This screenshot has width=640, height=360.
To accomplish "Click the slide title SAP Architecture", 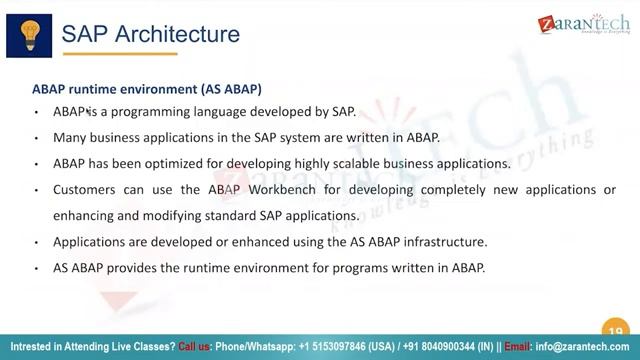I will [x=151, y=34].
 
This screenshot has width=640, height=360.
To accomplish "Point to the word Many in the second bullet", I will [x=70, y=138].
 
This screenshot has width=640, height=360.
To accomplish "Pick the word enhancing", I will [x=85, y=215].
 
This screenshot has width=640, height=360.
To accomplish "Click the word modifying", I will [x=176, y=215].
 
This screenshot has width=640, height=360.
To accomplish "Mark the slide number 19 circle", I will [x=615, y=331].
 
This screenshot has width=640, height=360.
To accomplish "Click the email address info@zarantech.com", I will [x=582, y=346].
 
